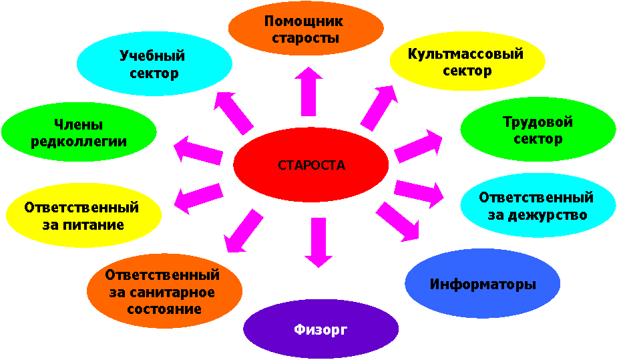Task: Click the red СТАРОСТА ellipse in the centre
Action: pyautogui.click(x=311, y=165)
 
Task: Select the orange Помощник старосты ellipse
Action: pyautogui.click(x=306, y=30)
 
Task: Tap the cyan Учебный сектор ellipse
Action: pyautogui.click(x=154, y=64)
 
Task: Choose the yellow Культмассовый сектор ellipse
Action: pyautogui.click(x=466, y=62)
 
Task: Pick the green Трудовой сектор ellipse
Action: pyautogui.click(x=538, y=131)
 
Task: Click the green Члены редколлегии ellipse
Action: pyautogui.click(x=79, y=132)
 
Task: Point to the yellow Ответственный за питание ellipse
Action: pyautogui.click(x=83, y=215)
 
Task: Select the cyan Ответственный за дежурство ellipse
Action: pyautogui.click(x=537, y=206)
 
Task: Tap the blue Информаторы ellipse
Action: pyautogui.click(x=483, y=284)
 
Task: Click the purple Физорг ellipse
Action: pyautogui.click(x=321, y=330)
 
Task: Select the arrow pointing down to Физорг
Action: pyautogui.click(x=317, y=242)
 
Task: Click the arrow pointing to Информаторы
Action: pyautogui.click(x=399, y=221)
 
